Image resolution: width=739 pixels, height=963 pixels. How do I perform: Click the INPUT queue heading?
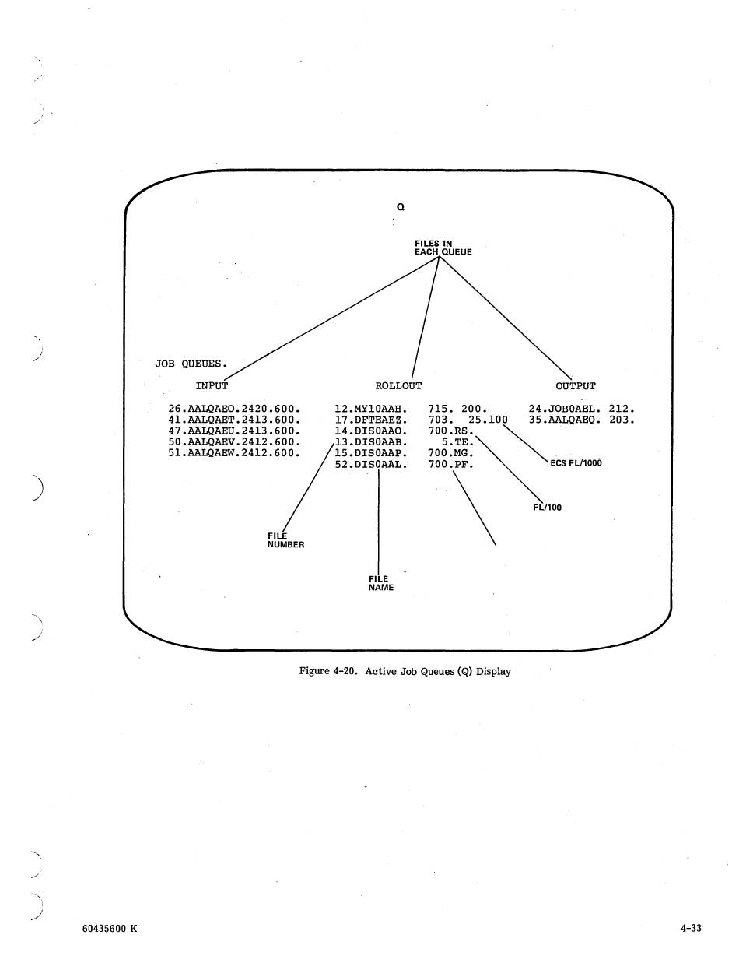point(212,386)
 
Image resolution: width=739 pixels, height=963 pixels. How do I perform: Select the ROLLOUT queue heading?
point(398,386)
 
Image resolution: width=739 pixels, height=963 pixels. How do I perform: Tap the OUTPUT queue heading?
point(576,386)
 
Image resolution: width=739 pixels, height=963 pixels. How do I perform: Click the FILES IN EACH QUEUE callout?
point(443,248)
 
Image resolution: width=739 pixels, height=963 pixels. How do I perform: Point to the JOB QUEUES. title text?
point(191,363)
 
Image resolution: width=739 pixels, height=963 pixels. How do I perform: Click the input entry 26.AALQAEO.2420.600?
point(234,409)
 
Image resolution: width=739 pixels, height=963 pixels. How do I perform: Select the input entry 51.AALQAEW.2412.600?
point(234,453)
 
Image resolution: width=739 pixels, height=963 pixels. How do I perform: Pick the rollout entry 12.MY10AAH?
point(371,409)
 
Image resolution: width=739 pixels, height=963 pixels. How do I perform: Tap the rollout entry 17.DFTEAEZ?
point(371,420)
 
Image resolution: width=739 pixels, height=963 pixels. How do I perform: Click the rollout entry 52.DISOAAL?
point(371,465)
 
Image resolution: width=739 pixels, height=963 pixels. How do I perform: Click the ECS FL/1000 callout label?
point(576,463)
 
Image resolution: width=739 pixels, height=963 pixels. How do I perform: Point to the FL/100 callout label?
point(546,508)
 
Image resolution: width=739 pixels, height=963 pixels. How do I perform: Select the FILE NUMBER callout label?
point(285,540)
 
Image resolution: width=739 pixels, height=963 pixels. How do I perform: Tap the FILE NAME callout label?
point(380,583)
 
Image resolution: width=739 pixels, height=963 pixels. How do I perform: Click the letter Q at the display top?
point(400,207)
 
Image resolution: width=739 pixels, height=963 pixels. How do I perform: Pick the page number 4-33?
point(690,928)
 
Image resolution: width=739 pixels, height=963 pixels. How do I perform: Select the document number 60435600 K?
point(109,928)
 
